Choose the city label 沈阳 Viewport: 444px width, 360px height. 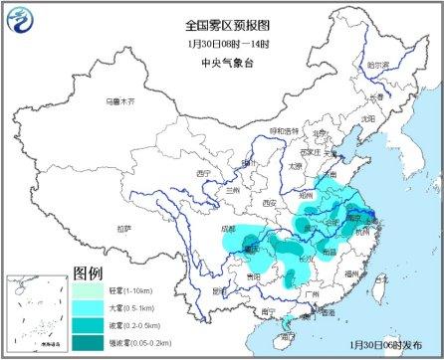pos(370,118)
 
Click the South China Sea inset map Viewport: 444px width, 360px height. pos(33,314)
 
